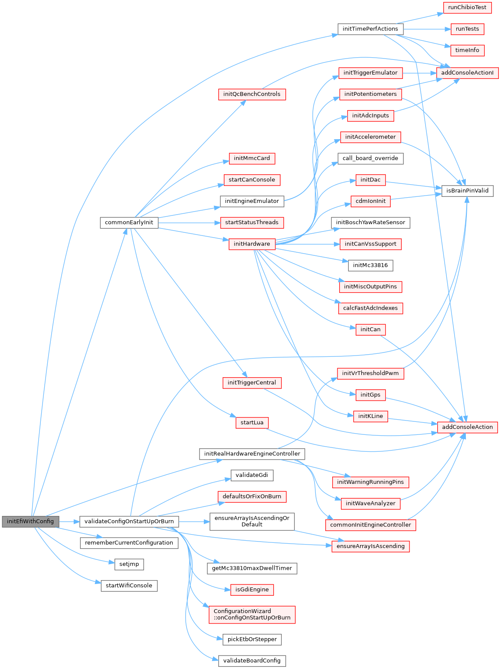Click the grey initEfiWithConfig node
tap(30, 521)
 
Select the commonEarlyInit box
tap(129, 222)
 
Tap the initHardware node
tap(252, 244)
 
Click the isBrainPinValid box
tap(467, 190)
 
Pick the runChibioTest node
tap(467, 7)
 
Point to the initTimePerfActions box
tap(370, 29)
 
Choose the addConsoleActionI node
tap(467, 73)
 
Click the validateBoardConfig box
tap(252, 661)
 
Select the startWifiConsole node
tap(129, 586)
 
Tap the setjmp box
tap(129, 564)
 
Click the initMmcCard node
tap(252, 158)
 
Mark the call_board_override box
tap(370, 158)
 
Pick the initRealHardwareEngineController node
tap(252, 454)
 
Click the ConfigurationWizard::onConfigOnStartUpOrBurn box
tap(252, 614)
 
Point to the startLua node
tap(252, 423)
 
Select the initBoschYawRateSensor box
tap(370, 222)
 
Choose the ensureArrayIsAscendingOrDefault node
tap(252, 521)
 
